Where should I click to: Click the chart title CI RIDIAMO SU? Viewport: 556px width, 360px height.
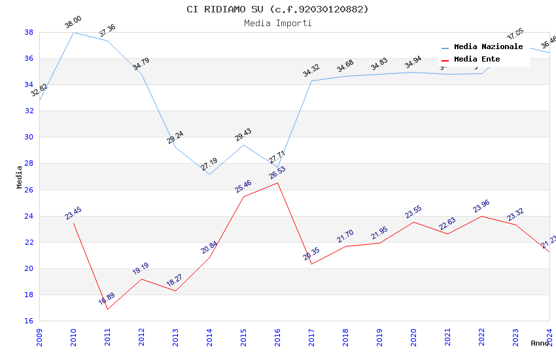(x=277, y=9)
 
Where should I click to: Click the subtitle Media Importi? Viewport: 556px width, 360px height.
(x=277, y=23)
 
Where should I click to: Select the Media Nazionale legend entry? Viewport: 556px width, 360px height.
(x=488, y=47)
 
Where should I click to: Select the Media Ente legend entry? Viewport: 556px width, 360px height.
(x=477, y=60)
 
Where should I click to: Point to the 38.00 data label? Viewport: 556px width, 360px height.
(x=73, y=24)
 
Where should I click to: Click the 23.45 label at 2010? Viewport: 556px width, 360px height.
(x=73, y=213)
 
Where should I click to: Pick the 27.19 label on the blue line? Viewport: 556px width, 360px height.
(x=209, y=164)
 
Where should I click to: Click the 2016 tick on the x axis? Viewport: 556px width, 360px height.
(x=277, y=334)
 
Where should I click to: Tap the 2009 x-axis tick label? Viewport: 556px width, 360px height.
(x=39, y=334)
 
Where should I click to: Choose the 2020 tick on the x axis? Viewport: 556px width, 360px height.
(x=413, y=334)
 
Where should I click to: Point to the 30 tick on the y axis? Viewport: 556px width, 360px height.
(x=29, y=137)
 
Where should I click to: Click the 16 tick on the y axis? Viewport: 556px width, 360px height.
(x=29, y=321)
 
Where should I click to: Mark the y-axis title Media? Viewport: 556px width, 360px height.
(x=20, y=177)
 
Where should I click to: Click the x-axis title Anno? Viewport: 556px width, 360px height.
(x=540, y=343)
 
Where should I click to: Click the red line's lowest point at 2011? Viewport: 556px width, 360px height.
(x=107, y=309)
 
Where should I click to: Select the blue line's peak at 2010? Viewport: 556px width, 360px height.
(x=73, y=32)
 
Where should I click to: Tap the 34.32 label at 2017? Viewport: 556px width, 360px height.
(x=311, y=71)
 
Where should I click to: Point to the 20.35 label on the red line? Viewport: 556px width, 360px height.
(x=311, y=254)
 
